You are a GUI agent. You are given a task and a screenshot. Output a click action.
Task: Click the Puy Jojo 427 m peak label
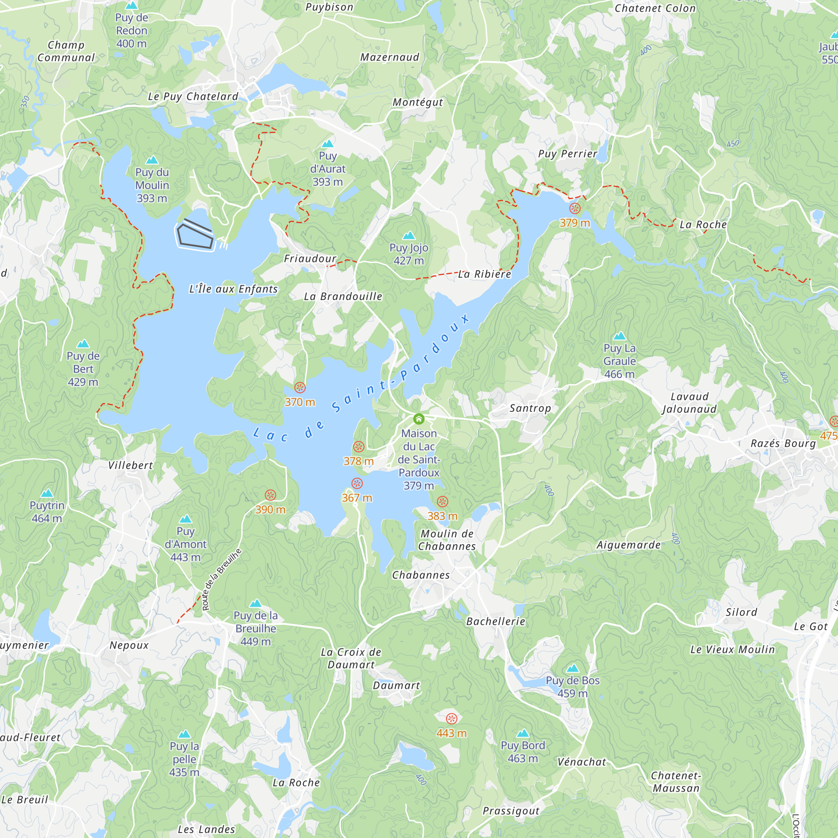pos(409,254)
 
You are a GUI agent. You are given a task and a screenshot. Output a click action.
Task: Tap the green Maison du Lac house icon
pos(419,419)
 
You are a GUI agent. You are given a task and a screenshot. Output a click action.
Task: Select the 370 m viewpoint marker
pos(300,387)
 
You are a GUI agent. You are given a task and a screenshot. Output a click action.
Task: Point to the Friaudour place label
pos(310,259)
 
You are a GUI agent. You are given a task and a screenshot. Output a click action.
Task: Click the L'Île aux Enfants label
pos(233,289)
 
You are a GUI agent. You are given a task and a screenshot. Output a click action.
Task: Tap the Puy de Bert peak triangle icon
pos(83,344)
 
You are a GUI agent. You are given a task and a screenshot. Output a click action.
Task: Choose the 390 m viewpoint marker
pos(270,495)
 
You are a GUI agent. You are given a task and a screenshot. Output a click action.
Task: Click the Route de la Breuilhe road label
pos(221,579)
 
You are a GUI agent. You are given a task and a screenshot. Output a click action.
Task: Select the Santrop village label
pos(530,408)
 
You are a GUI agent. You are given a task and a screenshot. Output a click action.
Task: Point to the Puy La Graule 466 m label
pos(619,361)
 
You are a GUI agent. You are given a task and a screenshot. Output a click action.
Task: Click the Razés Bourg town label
pos(784,443)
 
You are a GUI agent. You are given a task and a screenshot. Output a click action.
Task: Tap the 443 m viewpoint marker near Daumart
pos(452,719)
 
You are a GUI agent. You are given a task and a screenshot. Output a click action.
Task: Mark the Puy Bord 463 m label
pos(522,752)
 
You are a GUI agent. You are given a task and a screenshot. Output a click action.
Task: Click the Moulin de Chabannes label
pos(447,540)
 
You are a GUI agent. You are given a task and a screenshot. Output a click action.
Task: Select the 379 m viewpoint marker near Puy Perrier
pos(575,208)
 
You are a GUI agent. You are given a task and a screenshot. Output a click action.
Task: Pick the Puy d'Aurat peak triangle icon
pos(328,144)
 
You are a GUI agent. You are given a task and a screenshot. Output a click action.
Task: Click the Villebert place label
pos(131,466)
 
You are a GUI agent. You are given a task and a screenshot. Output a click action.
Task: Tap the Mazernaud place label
pos(390,57)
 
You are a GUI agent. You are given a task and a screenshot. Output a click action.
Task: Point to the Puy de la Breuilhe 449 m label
pos(256,628)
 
